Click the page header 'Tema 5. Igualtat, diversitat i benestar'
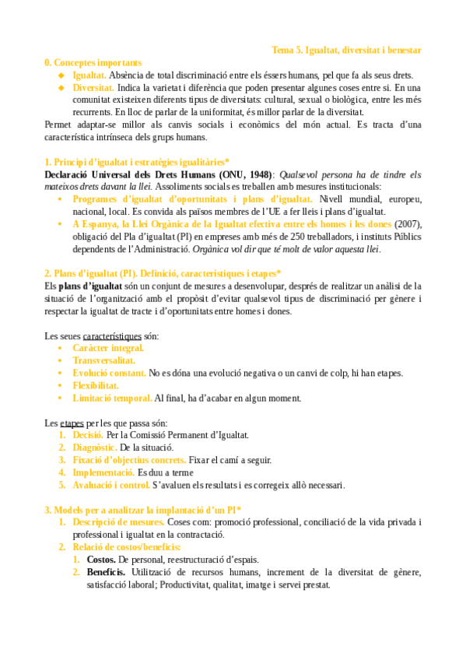[346, 50]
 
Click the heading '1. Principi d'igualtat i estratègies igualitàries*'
[137, 162]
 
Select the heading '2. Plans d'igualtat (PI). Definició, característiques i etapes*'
[163, 274]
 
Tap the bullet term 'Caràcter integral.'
[108, 348]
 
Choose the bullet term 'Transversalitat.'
[103, 360]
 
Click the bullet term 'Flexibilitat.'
[96, 385]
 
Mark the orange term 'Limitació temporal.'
[112, 398]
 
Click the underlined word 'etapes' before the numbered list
[72, 423]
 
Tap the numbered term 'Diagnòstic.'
[95, 448]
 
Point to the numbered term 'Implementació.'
[103, 472]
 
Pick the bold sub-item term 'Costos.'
[102, 560]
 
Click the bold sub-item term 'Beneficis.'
[107, 572]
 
